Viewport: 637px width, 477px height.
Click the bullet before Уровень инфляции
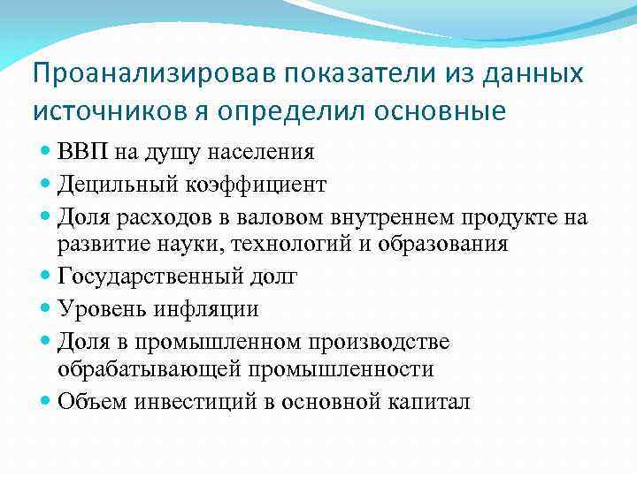tap(46, 308)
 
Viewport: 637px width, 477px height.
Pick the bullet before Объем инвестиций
tap(46, 400)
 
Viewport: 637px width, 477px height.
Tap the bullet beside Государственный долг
tap(46, 276)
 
